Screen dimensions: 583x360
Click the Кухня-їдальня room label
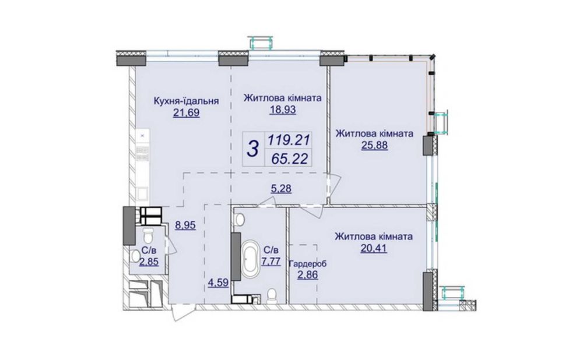[x=186, y=101]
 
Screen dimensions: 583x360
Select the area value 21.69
[x=187, y=113]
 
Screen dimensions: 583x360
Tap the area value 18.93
[x=283, y=110]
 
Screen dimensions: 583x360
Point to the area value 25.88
[x=374, y=145]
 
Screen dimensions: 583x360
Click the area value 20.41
[x=374, y=248]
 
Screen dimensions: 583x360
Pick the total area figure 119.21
[x=289, y=140]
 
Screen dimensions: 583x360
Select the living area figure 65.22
[x=290, y=158]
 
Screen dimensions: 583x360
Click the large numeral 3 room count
[x=253, y=149]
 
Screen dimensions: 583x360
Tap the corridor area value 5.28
[x=281, y=189]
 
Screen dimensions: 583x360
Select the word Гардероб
[x=307, y=264]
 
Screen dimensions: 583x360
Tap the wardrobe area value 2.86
[x=307, y=276]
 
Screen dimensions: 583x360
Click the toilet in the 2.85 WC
[x=148, y=235]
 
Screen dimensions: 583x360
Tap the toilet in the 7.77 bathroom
[x=272, y=296]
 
